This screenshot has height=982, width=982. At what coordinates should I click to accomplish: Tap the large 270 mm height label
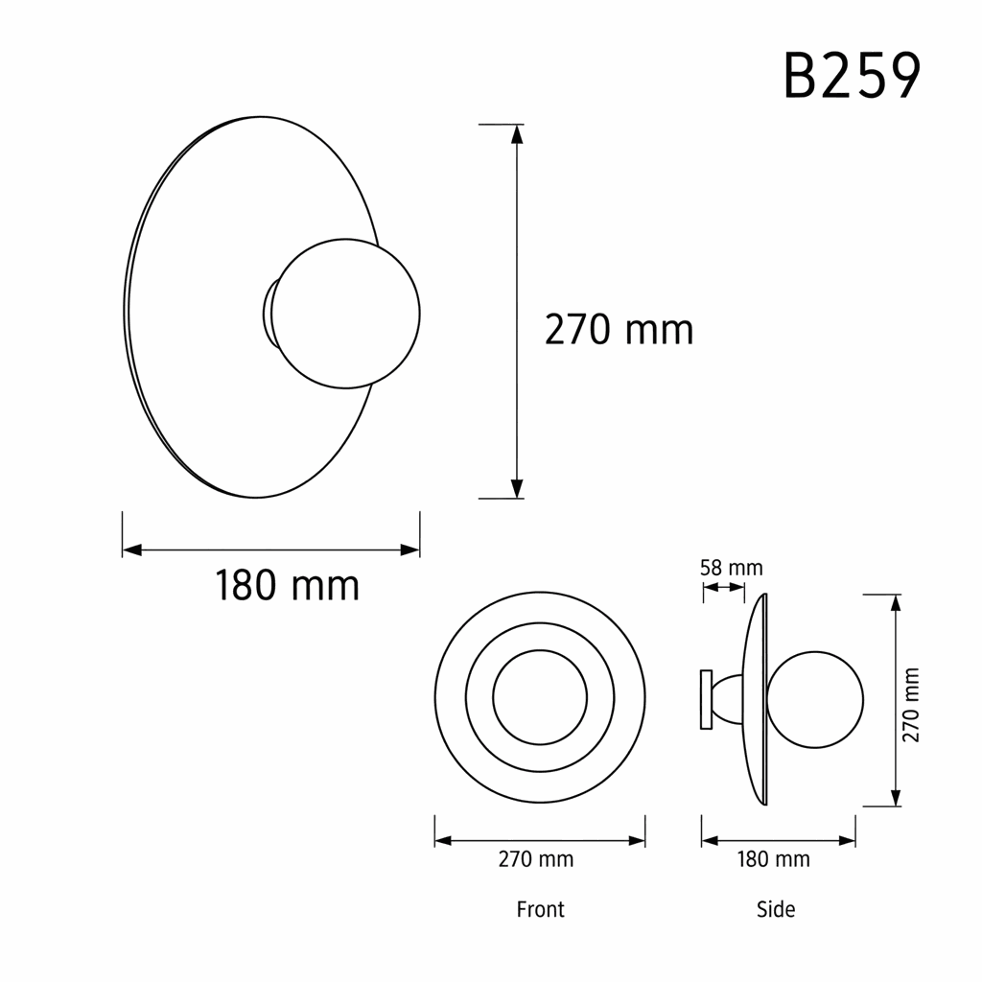[619, 330]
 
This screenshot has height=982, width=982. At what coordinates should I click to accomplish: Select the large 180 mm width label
[287, 586]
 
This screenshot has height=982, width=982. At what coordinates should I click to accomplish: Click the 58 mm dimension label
[731, 568]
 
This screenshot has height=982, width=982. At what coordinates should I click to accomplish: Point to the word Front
[540, 909]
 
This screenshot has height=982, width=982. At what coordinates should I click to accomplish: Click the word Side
[775, 909]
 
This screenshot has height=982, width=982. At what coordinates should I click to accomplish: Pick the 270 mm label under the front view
[535, 858]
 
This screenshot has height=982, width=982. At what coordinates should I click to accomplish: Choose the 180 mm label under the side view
[774, 858]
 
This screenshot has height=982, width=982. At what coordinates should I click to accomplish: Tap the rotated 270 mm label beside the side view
[911, 705]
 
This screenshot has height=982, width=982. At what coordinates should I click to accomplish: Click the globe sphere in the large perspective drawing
[345, 314]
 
